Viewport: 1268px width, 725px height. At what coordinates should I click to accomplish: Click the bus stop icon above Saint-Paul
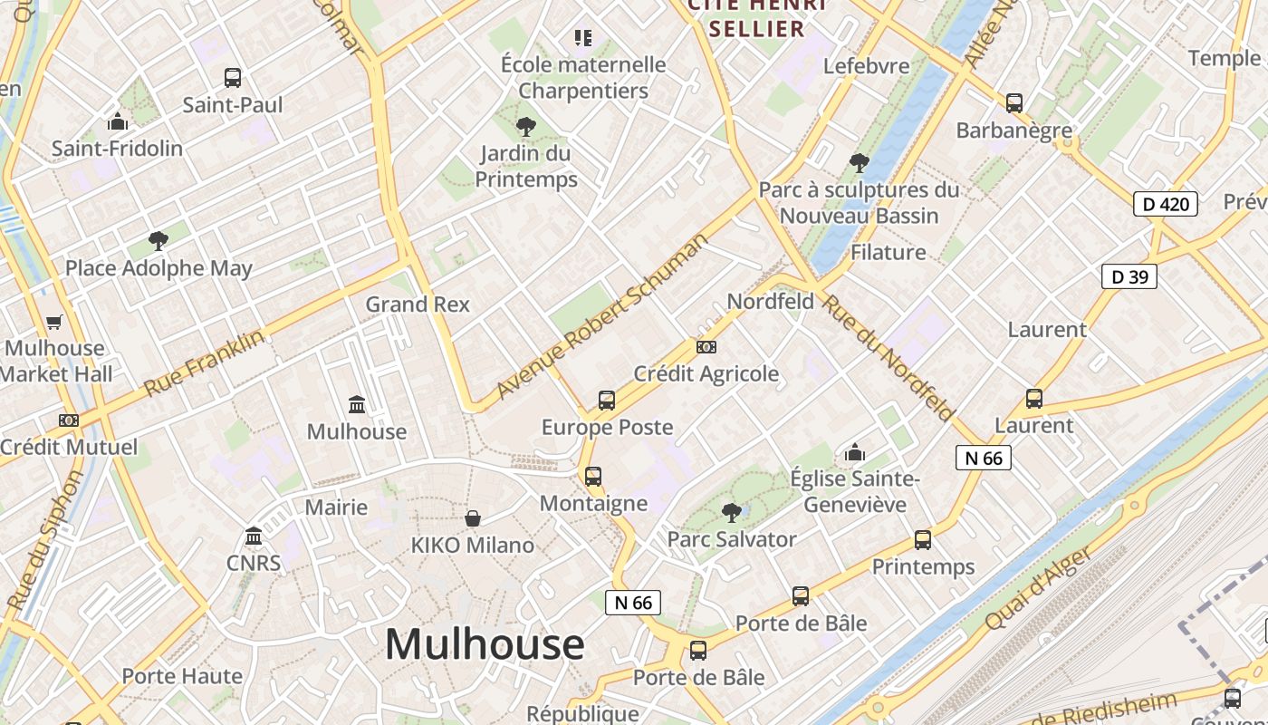(x=233, y=78)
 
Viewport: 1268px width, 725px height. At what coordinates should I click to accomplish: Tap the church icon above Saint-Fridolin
(x=117, y=121)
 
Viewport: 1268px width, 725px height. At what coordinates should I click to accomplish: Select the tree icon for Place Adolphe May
(x=158, y=240)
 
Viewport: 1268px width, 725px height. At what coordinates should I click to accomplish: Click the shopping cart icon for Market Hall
(x=54, y=322)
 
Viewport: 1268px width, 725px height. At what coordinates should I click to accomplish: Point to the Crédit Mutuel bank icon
(x=68, y=420)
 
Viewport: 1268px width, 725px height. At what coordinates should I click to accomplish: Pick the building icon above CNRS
(x=254, y=536)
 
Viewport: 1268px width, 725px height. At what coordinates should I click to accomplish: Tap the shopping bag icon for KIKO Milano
(x=472, y=518)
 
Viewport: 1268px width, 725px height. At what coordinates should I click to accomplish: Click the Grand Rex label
(x=418, y=304)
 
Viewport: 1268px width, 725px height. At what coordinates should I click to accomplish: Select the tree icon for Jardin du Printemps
(x=525, y=127)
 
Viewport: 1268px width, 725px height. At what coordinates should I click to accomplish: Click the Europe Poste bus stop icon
(x=606, y=400)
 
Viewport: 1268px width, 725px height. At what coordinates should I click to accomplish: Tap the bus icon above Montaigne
(x=592, y=476)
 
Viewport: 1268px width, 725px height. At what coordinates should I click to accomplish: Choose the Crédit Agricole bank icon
(x=706, y=346)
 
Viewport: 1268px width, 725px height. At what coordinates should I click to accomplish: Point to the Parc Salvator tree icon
(x=731, y=513)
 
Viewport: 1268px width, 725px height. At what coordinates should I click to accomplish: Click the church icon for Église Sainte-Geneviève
(x=854, y=451)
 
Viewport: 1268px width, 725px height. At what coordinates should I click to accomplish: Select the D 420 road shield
(x=1166, y=204)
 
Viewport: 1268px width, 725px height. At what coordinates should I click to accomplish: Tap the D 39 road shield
(x=1129, y=276)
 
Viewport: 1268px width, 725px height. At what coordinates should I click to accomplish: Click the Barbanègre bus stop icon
(x=1014, y=103)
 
